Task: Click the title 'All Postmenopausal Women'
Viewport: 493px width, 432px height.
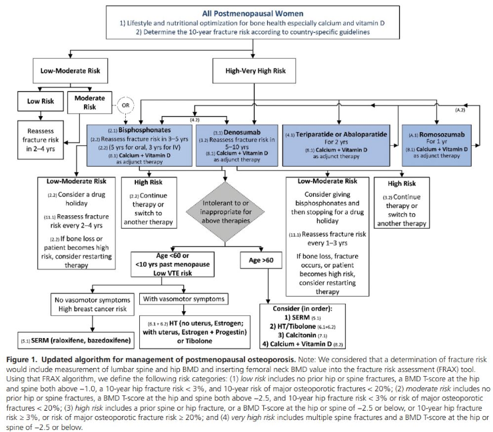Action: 252,13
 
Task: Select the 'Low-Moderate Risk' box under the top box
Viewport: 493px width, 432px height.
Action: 70,71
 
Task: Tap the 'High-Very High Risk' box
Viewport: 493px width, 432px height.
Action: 254,71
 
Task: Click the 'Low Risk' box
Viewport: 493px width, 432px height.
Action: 40,101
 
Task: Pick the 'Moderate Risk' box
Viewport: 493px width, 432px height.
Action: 90,102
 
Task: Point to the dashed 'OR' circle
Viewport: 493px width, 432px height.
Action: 125,105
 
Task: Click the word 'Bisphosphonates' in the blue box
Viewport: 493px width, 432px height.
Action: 145,130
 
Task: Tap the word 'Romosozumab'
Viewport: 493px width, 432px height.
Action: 442,135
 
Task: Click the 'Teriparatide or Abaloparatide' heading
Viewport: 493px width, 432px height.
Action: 341,135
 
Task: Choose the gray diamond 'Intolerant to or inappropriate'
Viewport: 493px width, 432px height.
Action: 225,212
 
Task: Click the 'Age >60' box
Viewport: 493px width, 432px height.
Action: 261,260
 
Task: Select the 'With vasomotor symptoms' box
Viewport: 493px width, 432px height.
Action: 184,299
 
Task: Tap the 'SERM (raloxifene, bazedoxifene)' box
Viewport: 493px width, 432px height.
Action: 76,341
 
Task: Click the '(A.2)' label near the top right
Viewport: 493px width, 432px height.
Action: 460,110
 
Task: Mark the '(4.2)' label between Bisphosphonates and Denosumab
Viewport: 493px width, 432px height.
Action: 195,120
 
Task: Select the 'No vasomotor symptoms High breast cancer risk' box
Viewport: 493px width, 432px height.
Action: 93,304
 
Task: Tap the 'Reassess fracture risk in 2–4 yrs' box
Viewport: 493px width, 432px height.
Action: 41,140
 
